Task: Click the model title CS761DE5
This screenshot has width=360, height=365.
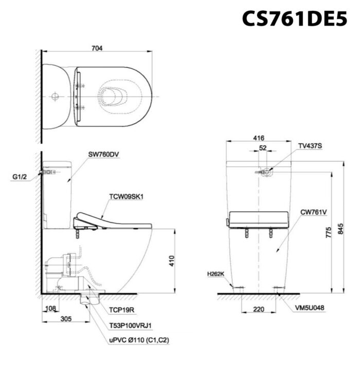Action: tap(295, 19)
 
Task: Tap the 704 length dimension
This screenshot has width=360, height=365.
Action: tap(97, 48)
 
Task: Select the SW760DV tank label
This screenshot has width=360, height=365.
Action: tap(103, 154)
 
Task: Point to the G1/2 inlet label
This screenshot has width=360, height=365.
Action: tap(20, 177)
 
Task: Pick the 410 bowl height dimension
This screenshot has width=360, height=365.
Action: tap(172, 261)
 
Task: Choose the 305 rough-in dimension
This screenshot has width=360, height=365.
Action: tap(66, 319)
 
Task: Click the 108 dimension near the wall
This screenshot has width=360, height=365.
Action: tap(50, 308)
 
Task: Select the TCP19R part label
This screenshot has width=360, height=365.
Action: tap(122, 310)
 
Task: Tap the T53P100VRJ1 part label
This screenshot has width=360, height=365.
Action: tap(131, 325)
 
